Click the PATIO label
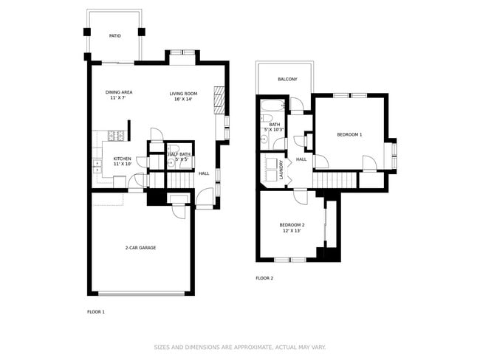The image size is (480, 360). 114,35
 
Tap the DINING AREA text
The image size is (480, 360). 119,92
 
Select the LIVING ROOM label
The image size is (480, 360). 183,94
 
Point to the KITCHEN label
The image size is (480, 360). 122,159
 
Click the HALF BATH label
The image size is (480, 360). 179,154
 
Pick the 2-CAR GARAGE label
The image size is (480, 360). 140,247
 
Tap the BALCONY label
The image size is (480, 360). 287,79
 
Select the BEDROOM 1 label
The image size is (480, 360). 349,134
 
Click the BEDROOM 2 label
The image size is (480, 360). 292,225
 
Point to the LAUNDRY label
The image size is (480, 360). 281,170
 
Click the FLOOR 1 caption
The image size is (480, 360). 96,312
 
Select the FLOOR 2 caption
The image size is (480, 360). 264,278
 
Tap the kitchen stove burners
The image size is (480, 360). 114,135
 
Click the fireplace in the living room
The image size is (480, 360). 218,97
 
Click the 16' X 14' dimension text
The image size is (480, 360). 183,100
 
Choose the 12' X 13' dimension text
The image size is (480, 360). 292,232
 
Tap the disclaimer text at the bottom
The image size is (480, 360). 239,347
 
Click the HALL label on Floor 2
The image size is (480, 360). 301,159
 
